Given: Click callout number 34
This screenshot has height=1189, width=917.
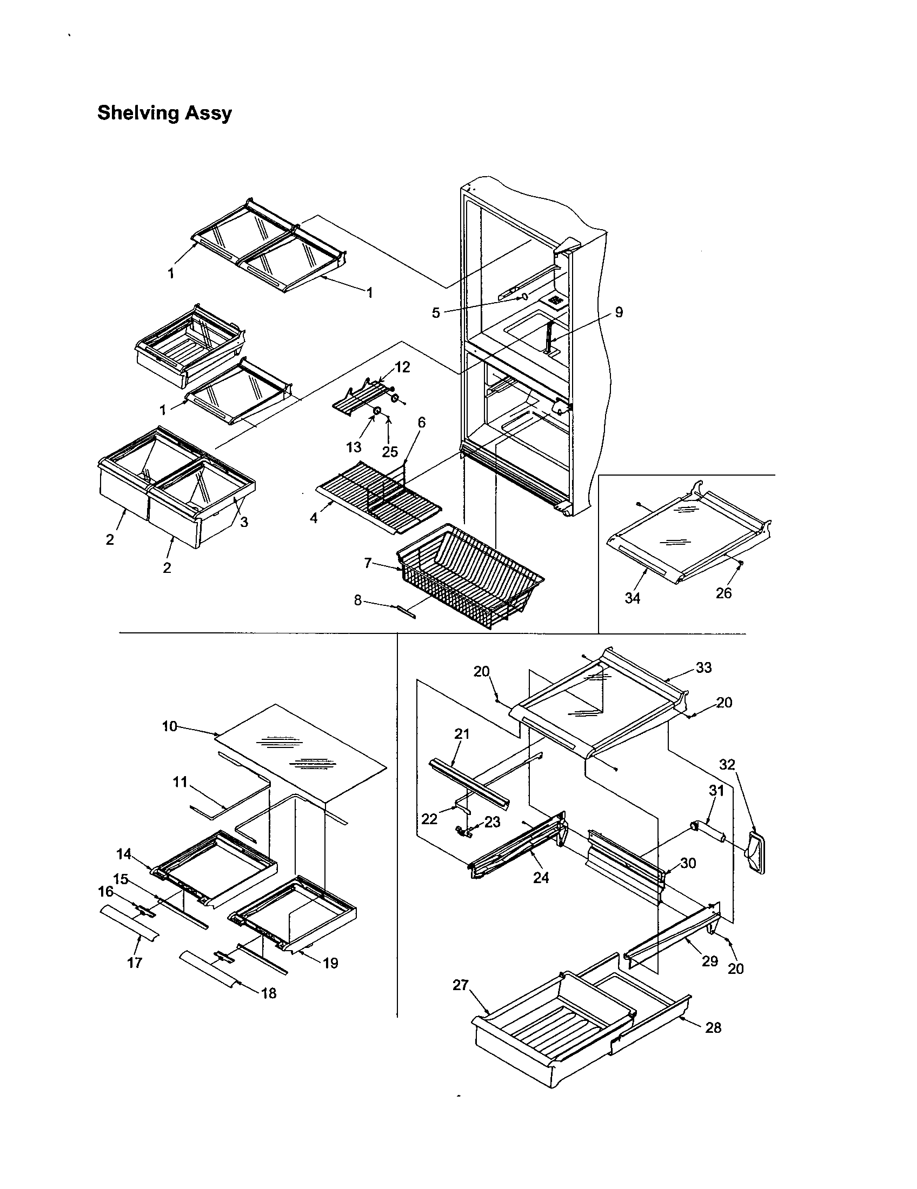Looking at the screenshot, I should (x=632, y=598).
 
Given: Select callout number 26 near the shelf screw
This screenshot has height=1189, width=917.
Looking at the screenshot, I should (x=723, y=593).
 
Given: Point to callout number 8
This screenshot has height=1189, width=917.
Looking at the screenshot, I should (x=357, y=602).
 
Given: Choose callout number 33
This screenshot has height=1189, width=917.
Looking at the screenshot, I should (x=703, y=667).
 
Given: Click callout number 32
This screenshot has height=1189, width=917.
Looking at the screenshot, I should (x=727, y=765).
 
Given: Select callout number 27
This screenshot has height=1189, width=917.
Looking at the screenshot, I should (x=461, y=985).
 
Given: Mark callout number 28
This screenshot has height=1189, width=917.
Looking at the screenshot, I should (x=713, y=1027).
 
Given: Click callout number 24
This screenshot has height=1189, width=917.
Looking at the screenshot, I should (x=541, y=878).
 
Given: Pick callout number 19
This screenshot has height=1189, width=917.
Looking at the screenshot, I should (x=330, y=963).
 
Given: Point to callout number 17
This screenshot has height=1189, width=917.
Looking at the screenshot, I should (x=135, y=963).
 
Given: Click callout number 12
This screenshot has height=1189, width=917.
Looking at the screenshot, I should (x=402, y=367).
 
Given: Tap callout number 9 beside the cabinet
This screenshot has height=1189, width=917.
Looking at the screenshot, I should (x=619, y=312).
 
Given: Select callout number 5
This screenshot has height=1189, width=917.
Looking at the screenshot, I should (x=436, y=313).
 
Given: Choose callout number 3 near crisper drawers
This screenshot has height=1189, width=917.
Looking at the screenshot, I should (x=244, y=522).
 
